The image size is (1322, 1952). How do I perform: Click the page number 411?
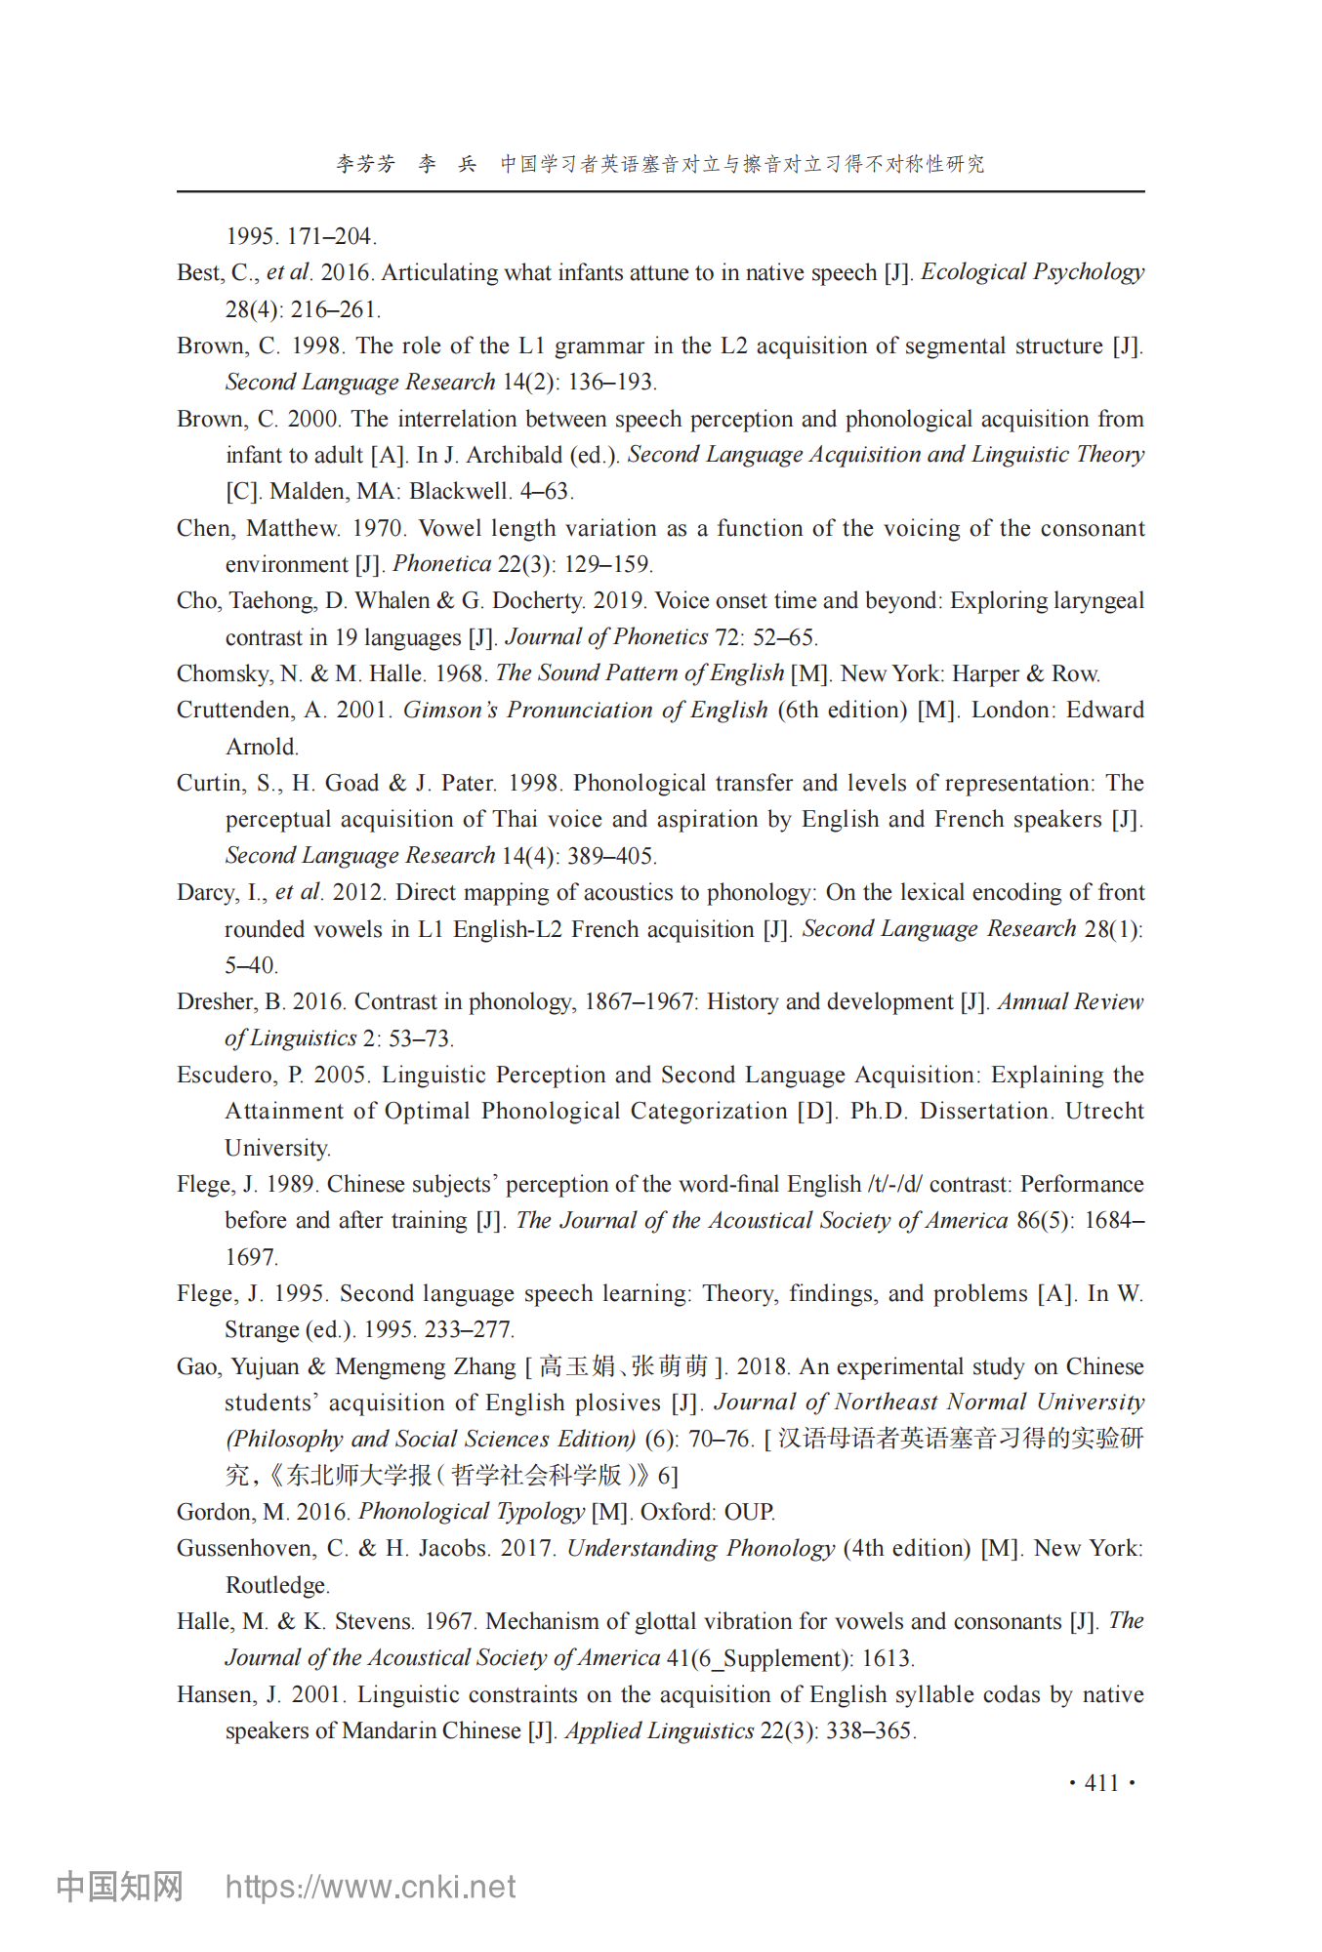(x=1101, y=1783)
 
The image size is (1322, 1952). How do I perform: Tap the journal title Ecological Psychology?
(x=1032, y=272)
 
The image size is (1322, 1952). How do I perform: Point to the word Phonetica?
(x=441, y=564)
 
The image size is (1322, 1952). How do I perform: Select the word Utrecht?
(x=1103, y=1112)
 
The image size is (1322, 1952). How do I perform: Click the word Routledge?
(x=276, y=1585)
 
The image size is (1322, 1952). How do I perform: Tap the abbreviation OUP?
(x=749, y=1512)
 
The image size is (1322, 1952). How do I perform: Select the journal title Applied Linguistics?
(x=659, y=1730)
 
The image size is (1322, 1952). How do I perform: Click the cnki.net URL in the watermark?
(x=370, y=1887)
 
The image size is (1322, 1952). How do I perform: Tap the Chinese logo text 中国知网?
(x=119, y=1887)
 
